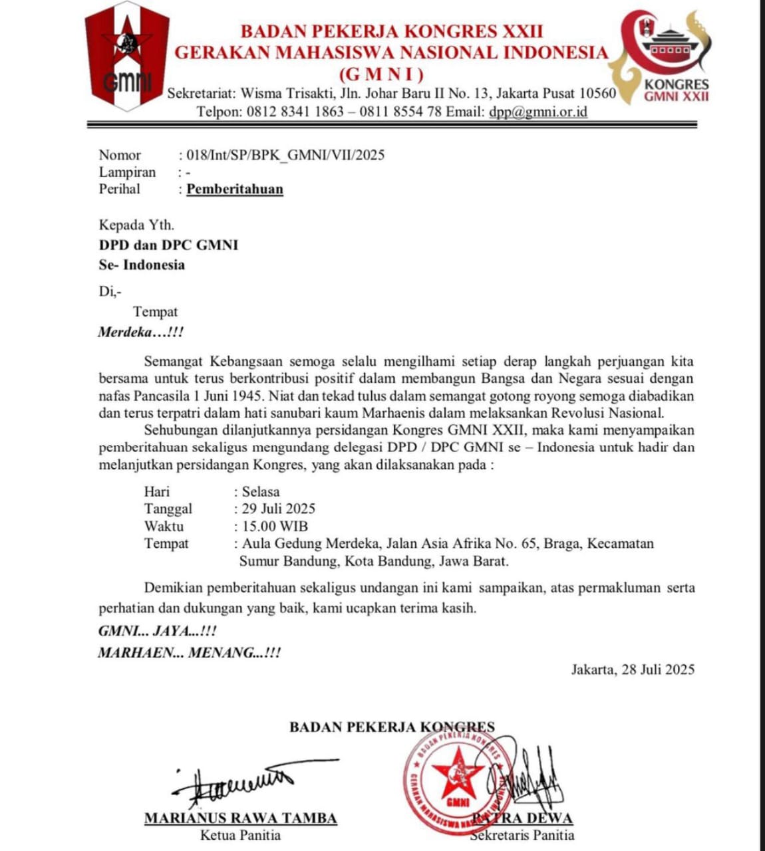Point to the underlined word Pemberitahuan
pyautogui.click(x=235, y=189)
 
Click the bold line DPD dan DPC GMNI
pyautogui.click(x=168, y=245)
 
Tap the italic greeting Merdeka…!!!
pyautogui.click(x=140, y=332)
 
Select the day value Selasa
pyautogui.click(x=261, y=492)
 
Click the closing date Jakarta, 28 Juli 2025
pyautogui.click(x=633, y=669)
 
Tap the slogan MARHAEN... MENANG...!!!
pyautogui.click(x=189, y=652)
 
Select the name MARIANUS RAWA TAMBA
pyautogui.click(x=240, y=818)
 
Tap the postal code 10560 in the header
pyautogui.click(x=596, y=93)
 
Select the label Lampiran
pyautogui.click(x=127, y=172)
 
